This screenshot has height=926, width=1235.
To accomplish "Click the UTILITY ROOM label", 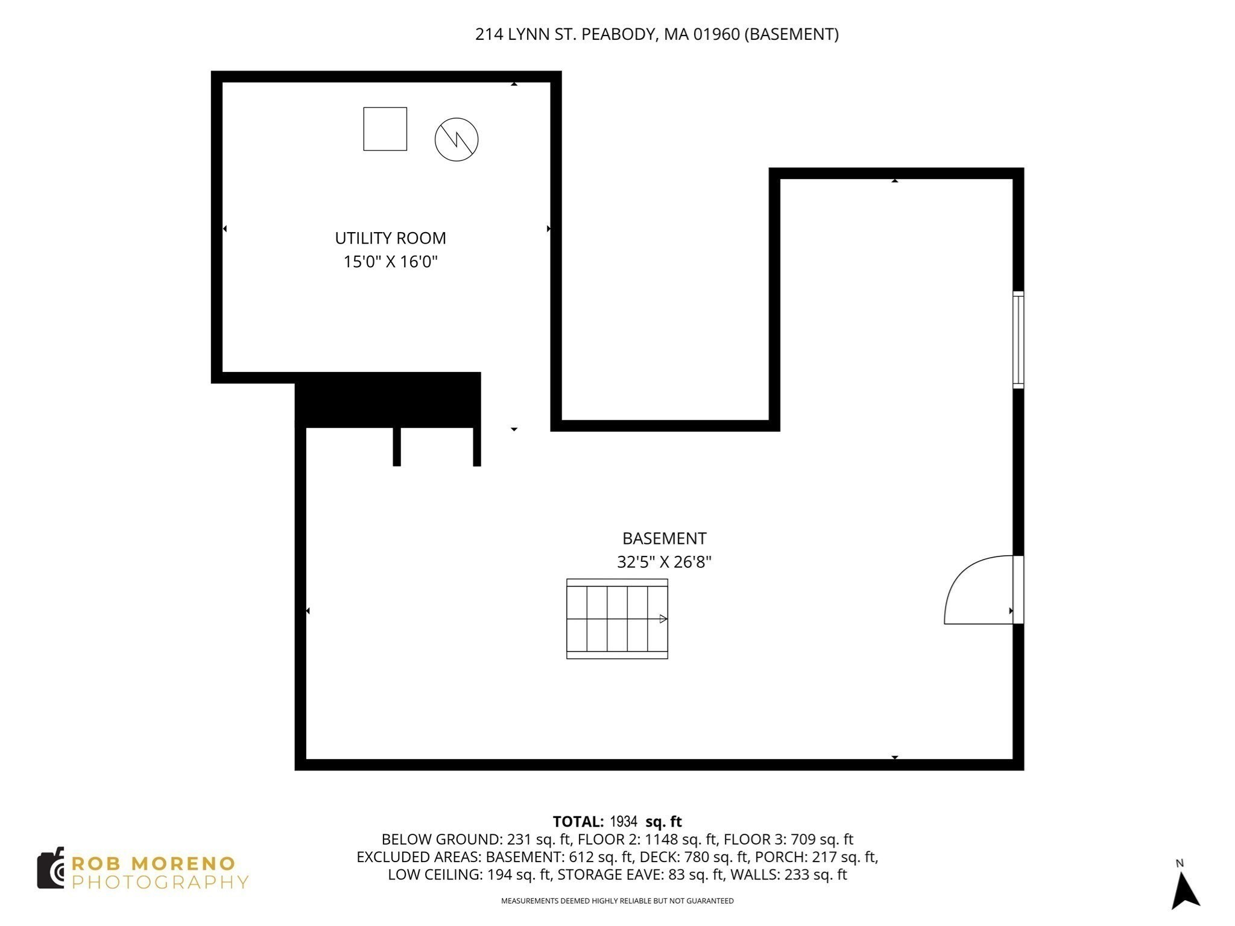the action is (390, 238).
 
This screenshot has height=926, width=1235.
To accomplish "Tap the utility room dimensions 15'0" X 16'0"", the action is (390, 262).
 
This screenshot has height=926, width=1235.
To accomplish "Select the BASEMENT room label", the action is (664, 538).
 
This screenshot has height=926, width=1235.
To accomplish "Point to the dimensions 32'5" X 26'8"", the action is (664, 562).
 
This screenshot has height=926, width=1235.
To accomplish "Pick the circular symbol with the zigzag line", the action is (456, 139).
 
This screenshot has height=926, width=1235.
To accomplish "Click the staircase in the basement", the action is (617, 619).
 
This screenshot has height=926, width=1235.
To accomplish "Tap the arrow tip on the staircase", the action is (666, 619).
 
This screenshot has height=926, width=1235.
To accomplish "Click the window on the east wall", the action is (1018, 339).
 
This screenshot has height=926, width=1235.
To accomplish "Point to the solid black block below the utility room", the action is (388, 400).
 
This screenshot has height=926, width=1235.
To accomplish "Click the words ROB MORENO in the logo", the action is (153, 863).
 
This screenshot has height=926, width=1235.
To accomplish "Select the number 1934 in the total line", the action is (624, 822).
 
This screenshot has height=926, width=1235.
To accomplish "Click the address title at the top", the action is (657, 34).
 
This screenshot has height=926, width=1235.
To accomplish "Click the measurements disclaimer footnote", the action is (617, 901).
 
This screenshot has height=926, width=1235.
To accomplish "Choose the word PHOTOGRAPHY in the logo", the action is (160, 882).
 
